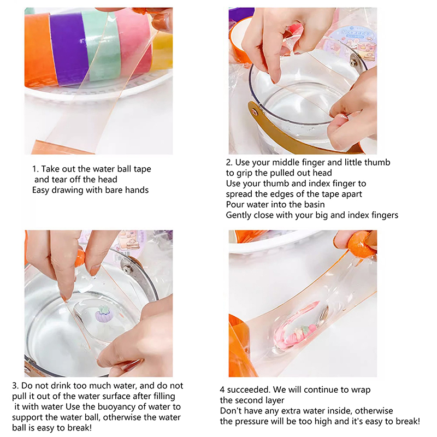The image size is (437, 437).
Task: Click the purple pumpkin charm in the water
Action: (103, 314)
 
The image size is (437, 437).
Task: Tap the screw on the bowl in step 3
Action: (127, 269)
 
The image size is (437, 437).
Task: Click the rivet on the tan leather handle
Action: (255, 112)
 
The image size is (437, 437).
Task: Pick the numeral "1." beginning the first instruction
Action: (36, 169)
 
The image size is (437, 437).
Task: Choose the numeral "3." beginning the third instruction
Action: (16, 386)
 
